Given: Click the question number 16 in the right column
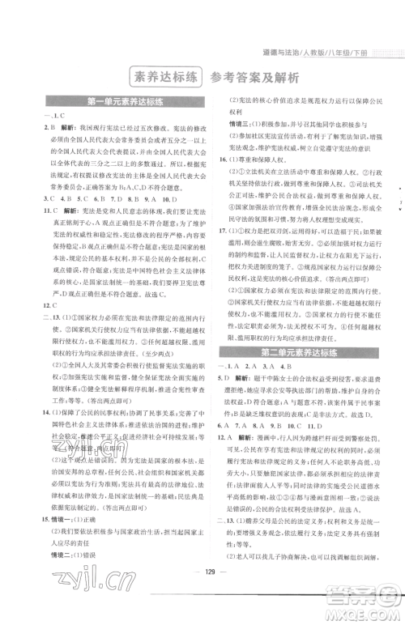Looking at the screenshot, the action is click(x=224, y=161).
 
